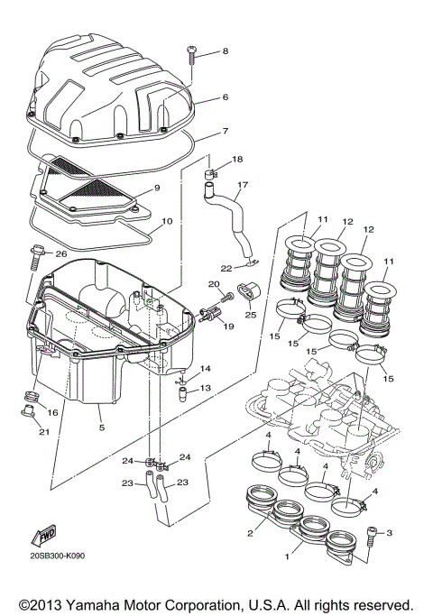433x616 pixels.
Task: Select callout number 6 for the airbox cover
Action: point(225,97)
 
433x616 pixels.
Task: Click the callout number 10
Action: point(166,221)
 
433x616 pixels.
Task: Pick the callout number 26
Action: point(62,253)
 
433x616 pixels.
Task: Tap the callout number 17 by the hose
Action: point(243,187)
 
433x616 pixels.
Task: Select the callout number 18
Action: point(238,160)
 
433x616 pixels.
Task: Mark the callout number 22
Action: point(226,268)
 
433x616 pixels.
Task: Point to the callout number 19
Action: point(226,327)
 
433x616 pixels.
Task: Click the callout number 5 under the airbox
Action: point(101,428)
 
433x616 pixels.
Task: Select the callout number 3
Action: point(390,533)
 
